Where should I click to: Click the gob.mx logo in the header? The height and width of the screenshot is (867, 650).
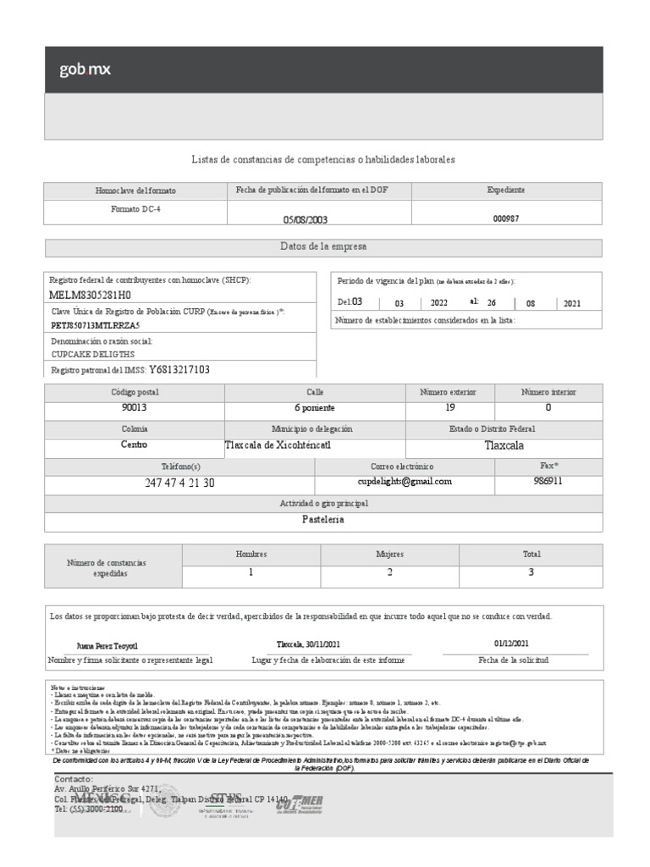tap(85, 70)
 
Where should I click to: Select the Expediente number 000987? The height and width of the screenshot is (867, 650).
tap(506, 218)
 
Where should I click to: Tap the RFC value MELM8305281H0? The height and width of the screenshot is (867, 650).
tap(91, 295)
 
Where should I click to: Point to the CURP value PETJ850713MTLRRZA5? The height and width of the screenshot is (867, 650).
tap(96, 324)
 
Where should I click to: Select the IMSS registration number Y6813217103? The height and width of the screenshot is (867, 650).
tap(179, 369)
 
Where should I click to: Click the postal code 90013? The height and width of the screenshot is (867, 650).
tap(134, 407)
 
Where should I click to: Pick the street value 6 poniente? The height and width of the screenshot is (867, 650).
tap(315, 407)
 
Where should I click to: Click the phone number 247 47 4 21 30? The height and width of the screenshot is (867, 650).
tap(179, 483)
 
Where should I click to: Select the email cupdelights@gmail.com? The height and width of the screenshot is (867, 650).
tap(405, 481)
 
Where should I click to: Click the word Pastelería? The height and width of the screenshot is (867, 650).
tap(322, 520)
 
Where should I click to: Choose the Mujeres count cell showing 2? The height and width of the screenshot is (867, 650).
tap(389, 572)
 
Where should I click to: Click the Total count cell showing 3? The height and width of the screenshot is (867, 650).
tap(531, 572)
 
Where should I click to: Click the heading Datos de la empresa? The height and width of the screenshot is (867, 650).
tap(322, 246)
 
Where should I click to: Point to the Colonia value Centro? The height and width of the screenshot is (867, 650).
tap(134, 445)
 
